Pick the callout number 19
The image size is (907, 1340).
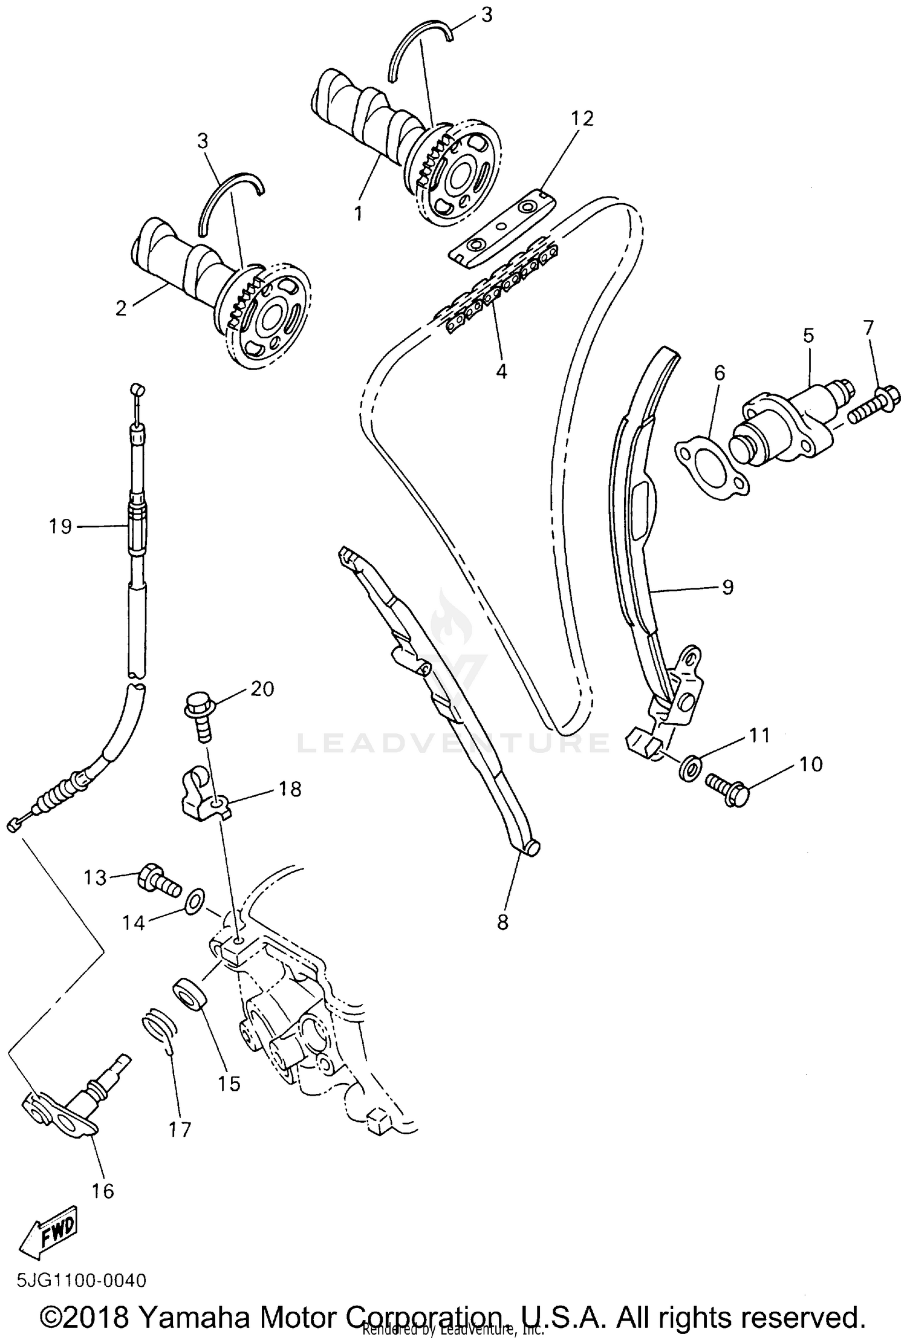(60, 526)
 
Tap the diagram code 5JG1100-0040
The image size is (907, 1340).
(81, 1280)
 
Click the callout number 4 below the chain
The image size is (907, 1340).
(501, 370)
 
